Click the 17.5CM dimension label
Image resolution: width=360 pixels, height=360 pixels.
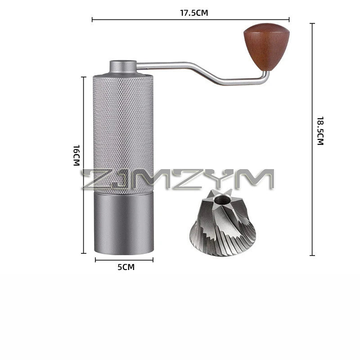(x=193, y=13)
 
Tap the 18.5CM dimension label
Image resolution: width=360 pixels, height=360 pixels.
(x=320, y=130)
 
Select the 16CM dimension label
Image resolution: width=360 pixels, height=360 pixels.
(x=76, y=155)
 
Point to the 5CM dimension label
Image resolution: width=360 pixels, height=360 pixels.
(x=126, y=267)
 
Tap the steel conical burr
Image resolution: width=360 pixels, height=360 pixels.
(x=222, y=227)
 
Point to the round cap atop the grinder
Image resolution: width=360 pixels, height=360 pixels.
(x=123, y=67)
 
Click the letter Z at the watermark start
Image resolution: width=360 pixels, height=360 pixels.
(x=93, y=179)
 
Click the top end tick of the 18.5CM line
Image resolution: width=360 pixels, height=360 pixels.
(x=312, y=24)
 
